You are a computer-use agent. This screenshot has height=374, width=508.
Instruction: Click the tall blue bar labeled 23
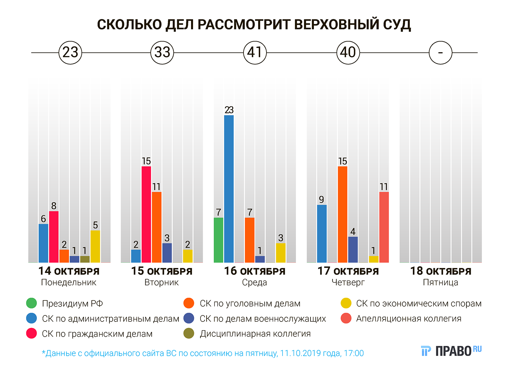(229, 189)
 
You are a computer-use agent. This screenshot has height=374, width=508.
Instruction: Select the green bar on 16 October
(218, 240)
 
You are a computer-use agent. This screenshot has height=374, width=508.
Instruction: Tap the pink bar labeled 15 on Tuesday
(146, 214)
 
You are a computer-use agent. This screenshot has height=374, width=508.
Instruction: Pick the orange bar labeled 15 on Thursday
(342, 214)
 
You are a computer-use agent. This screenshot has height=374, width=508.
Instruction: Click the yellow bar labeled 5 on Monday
(95, 246)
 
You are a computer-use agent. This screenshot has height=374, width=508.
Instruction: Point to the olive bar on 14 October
(85, 259)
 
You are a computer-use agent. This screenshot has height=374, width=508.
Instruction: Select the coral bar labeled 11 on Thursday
(384, 227)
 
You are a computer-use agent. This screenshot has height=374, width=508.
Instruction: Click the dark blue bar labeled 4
(353, 249)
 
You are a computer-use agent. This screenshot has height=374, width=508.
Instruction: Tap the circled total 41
(255, 53)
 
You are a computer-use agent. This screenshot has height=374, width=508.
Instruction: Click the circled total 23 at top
(70, 53)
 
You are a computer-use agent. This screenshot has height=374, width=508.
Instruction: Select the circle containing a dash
(440, 53)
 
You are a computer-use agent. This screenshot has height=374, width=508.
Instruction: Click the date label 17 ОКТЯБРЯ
(348, 271)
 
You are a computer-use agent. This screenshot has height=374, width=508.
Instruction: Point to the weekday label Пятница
(440, 283)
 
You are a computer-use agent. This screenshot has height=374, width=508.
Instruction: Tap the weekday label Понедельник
(69, 283)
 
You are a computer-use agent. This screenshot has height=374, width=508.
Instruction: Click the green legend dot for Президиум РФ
(31, 303)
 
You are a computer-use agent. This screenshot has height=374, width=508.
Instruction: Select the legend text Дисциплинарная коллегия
(255, 334)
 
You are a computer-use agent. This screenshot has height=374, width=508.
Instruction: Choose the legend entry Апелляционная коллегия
(408, 318)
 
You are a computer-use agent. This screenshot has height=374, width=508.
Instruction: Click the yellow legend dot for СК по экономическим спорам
(346, 303)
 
